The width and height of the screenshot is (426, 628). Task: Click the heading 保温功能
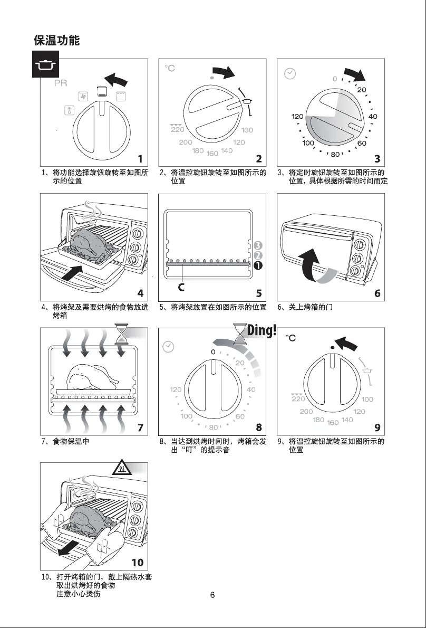coord(56,40)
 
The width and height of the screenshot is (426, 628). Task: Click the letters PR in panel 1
coord(61,84)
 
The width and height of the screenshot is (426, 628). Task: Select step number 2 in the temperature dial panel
coord(259,158)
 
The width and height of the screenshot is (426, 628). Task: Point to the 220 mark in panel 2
coord(177,130)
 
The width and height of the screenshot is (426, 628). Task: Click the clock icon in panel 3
coord(290,74)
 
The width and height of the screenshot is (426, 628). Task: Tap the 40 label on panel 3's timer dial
coord(373,116)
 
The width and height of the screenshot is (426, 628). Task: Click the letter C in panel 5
coord(181,288)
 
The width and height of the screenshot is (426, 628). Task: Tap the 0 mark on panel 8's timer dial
coord(214,351)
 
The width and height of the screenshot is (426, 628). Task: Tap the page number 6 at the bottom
coord(212,595)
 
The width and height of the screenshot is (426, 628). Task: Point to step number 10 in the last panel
coord(137,563)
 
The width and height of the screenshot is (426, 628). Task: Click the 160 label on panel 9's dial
coord(333,423)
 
